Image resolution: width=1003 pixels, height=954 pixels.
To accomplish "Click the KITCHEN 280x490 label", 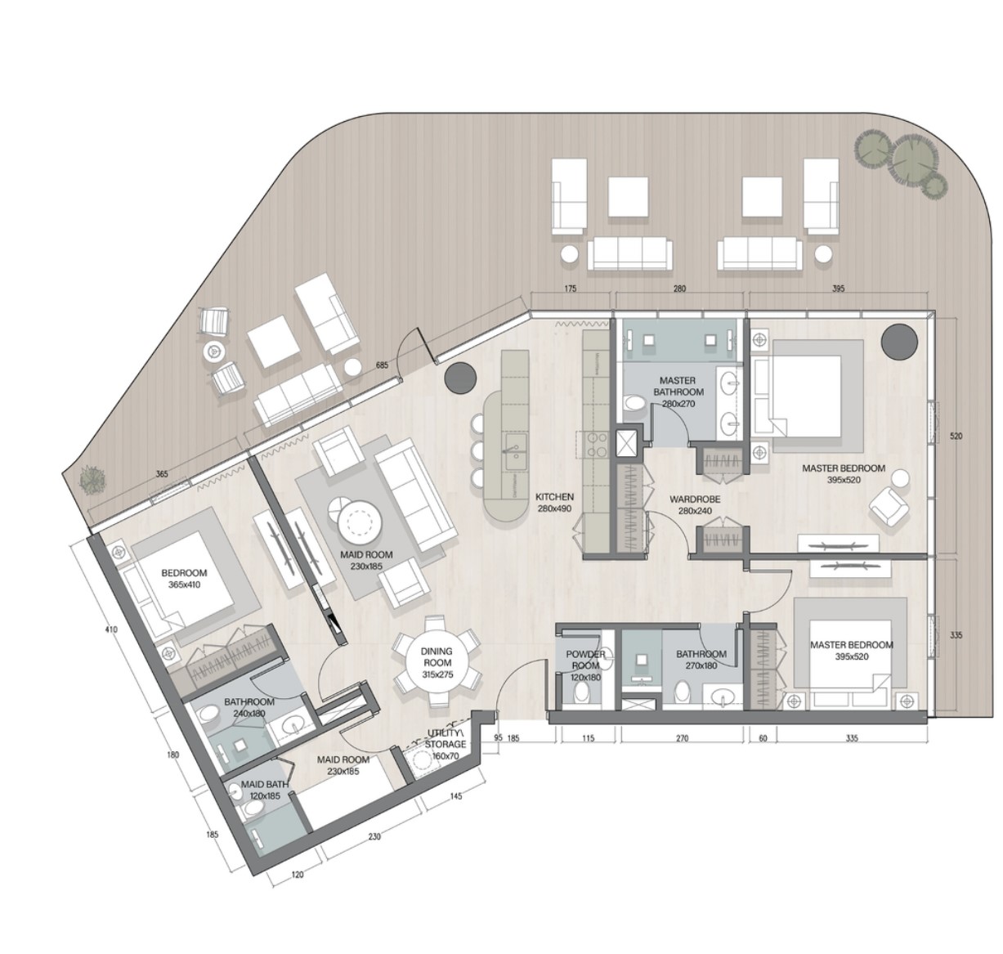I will point(554,503).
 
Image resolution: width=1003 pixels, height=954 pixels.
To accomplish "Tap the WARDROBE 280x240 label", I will point(694,504).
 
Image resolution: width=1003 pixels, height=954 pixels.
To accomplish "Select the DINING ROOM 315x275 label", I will point(437,657).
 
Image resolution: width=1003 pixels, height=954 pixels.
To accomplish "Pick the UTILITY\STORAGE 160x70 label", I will point(446,744).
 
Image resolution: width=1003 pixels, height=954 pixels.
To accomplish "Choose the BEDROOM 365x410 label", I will point(184,579).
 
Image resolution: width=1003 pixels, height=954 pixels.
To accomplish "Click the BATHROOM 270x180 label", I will point(701,660).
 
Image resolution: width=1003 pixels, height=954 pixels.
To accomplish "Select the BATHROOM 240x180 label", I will point(249,707).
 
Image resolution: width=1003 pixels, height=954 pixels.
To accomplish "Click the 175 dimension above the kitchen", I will point(571,289).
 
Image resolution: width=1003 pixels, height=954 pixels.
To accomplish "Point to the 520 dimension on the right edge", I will point(956,437).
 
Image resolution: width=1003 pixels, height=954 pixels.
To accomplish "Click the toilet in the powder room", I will point(582,693).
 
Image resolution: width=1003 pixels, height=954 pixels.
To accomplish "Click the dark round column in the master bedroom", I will point(899,340).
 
